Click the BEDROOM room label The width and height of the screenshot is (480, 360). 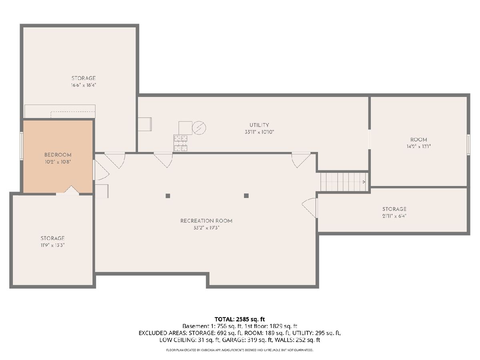coord(58,155)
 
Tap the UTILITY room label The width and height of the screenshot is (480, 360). coord(259,125)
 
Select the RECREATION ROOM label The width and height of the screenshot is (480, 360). coord(206,221)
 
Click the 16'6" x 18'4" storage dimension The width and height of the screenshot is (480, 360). coord(84,85)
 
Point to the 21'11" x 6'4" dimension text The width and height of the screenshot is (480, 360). coord(394,216)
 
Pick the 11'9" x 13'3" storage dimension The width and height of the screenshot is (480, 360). coord(52,245)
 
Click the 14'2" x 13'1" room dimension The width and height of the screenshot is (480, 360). coord(418,146)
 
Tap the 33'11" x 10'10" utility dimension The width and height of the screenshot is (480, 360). coord(259,132)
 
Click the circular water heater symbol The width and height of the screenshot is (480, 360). coord(199,128)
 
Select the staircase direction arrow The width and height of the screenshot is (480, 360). coord(364,182)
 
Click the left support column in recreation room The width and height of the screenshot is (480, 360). coord(168,196)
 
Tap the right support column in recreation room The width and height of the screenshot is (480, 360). coord(246,196)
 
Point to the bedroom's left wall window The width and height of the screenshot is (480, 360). coord(22,146)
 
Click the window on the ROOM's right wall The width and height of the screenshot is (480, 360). coord(468,145)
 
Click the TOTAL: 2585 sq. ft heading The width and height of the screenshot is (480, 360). coord(240,319)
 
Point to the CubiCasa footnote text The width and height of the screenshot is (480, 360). coord(240,350)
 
